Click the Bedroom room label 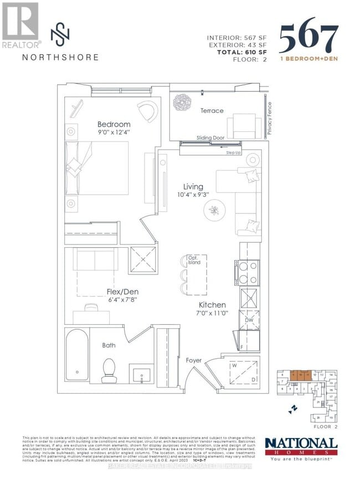click(x=114, y=124)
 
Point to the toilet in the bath click(x=109, y=371)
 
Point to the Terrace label click(x=212, y=111)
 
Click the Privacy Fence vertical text click(x=270, y=118)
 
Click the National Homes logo click(x=300, y=447)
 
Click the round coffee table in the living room click(x=214, y=210)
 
